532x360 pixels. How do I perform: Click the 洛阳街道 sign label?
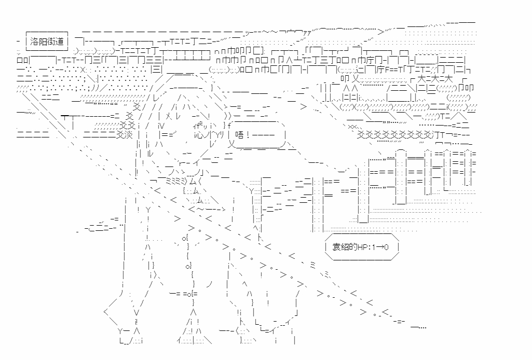tap(47, 40)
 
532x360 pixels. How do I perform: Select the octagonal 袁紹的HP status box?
tap(361, 248)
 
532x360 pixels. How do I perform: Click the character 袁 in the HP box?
tap(336, 248)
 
